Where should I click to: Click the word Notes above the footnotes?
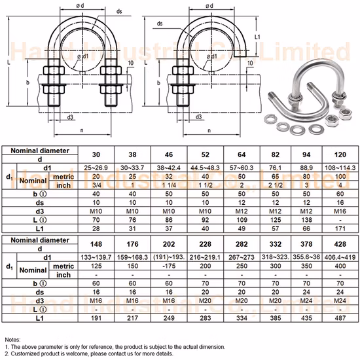click(12, 340)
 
